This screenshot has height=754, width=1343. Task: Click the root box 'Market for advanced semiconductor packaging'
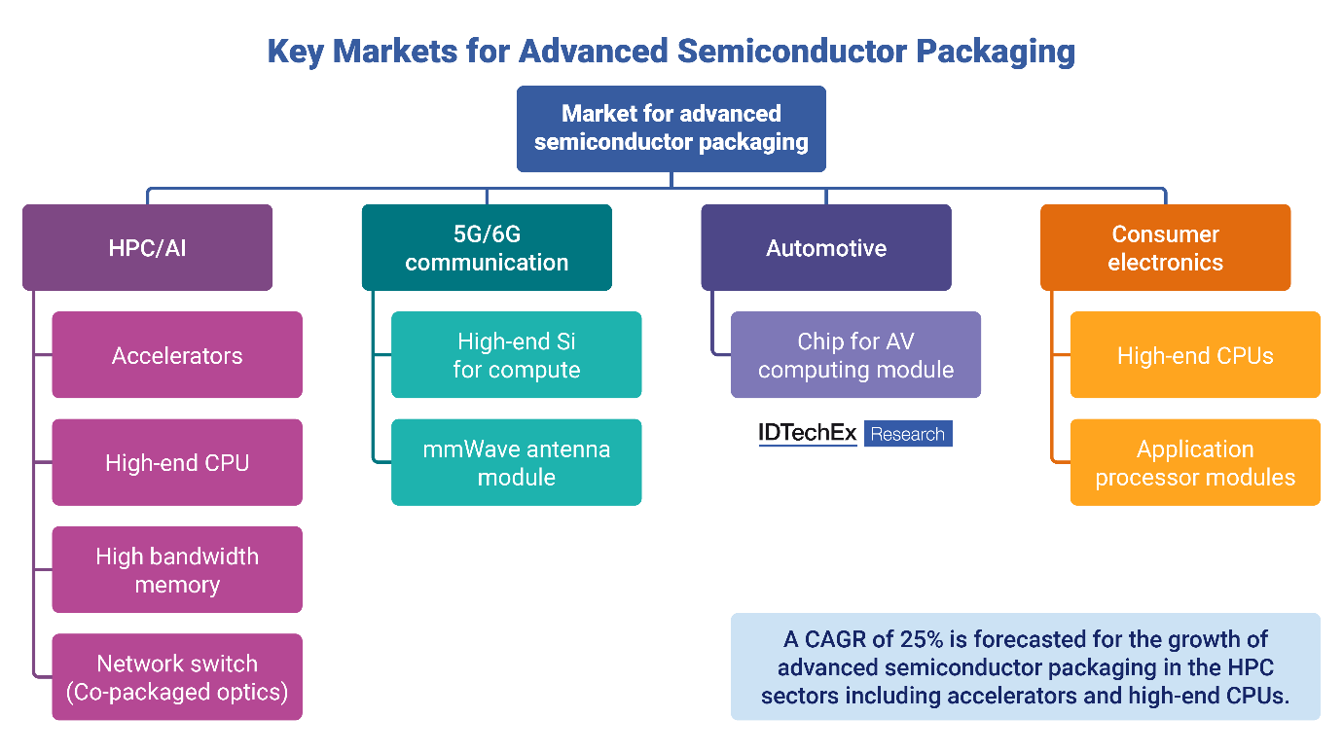pyautogui.click(x=671, y=128)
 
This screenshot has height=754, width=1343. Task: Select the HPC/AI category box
pyautogui.click(x=148, y=248)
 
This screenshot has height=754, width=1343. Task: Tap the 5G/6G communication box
pyautogui.click(x=487, y=248)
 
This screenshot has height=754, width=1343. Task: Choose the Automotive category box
pyautogui.click(x=826, y=248)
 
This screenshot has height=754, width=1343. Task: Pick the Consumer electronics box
pyautogui.click(x=1165, y=248)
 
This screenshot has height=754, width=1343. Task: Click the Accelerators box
pyautogui.click(x=177, y=355)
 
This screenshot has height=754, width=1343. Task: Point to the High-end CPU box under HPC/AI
pyautogui.click(x=177, y=462)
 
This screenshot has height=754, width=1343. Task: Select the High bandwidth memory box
pyautogui.click(x=177, y=570)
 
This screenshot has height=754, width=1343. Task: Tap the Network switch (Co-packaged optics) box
pyautogui.click(x=177, y=677)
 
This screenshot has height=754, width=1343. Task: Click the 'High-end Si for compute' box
pyautogui.click(x=517, y=355)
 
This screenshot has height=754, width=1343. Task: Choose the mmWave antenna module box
pyautogui.click(x=517, y=462)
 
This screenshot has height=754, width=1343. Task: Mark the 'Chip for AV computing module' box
pyautogui.click(x=855, y=355)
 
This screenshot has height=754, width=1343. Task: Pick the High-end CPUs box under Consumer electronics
pyautogui.click(x=1195, y=355)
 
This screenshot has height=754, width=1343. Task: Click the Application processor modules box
pyautogui.click(x=1195, y=462)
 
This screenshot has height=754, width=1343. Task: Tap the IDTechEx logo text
pyautogui.click(x=808, y=434)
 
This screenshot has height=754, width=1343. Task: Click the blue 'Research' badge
pyautogui.click(x=908, y=434)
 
